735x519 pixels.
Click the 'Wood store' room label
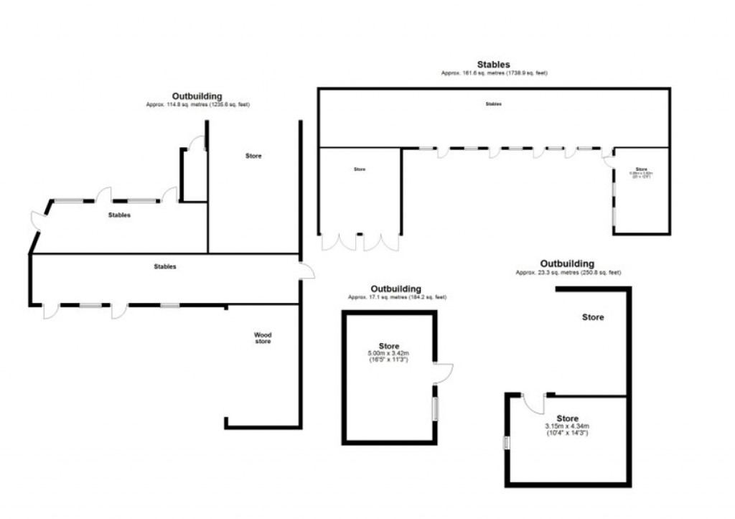tap(263, 338)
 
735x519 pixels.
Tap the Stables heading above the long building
tap(494, 65)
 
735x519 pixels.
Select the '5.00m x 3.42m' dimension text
tap(388, 353)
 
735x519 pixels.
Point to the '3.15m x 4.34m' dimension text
tap(567, 426)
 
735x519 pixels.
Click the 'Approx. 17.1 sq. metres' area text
tap(397, 297)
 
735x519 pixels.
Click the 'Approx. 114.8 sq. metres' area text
tap(197, 105)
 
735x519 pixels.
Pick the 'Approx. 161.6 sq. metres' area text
tap(494, 73)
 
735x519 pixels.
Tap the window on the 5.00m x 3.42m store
tap(434, 408)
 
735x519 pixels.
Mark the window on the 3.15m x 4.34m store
tap(507, 443)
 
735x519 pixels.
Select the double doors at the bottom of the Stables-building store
tap(360, 242)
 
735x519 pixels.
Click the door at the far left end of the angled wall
tap(36, 218)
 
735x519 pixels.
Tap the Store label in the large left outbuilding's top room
tap(253, 156)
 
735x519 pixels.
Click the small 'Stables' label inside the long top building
tap(493, 104)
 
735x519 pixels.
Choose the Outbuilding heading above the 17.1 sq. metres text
tap(395, 289)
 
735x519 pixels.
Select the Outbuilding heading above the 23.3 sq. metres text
tap(567, 263)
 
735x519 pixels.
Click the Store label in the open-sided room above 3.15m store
tap(593, 317)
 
